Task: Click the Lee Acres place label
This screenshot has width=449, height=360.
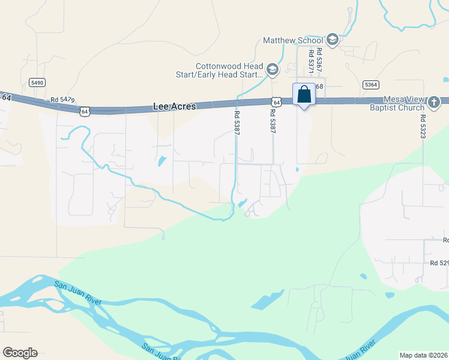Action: coord(175,106)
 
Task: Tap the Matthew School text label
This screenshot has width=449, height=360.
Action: coord(293,40)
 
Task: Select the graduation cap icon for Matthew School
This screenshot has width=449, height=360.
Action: coord(333,40)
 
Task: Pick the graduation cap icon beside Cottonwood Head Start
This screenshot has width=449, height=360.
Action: coord(273,71)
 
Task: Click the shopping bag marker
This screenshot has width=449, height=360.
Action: coord(304,95)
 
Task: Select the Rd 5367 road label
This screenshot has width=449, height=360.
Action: coord(319,61)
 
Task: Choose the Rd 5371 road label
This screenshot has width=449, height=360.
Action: coord(311,62)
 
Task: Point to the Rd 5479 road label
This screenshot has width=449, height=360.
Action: coord(62,100)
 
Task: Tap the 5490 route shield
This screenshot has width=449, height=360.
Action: coord(37,82)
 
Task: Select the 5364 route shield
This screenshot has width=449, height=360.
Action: coord(371,85)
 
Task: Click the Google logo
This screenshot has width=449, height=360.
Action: coord(20,353)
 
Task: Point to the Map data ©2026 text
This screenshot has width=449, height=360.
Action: coord(423,355)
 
